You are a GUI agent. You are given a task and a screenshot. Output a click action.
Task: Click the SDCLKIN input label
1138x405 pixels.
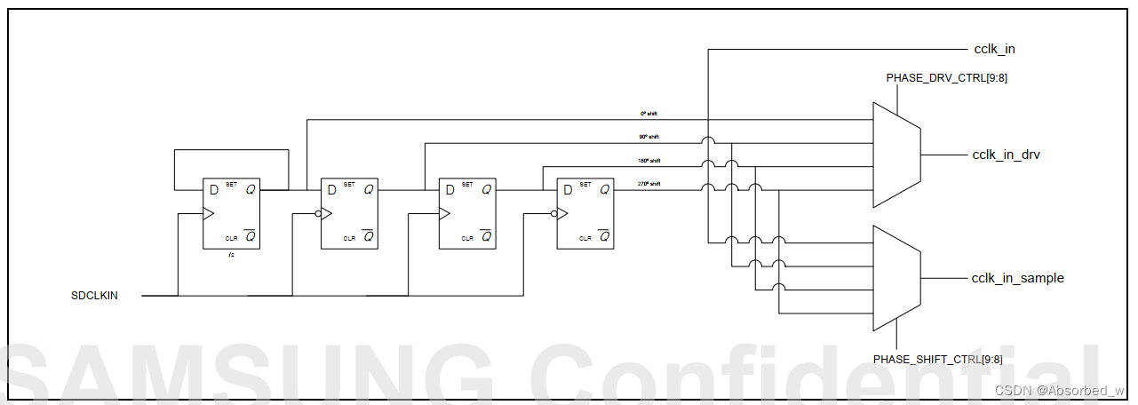pyautogui.click(x=94, y=295)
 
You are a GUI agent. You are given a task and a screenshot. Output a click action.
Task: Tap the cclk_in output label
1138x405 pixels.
pyautogui.click(x=994, y=49)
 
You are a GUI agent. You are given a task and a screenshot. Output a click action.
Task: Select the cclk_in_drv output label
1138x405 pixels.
pyautogui.click(x=1006, y=155)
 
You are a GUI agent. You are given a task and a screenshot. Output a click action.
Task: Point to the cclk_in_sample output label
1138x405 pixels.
pyautogui.click(x=1017, y=278)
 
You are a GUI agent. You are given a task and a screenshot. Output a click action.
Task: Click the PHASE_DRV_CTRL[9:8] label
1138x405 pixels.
pyautogui.click(x=946, y=78)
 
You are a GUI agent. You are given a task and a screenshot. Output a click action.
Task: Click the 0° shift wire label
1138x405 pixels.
pyautogui.click(x=649, y=114)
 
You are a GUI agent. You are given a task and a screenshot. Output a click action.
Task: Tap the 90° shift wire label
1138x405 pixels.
pyautogui.click(x=649, y=137)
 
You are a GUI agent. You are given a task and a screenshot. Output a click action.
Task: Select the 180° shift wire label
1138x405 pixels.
pyautogui.click(x=649, y=161)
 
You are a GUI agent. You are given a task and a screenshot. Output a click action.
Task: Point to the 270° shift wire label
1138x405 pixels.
pyautogui.click(x=649, y=184)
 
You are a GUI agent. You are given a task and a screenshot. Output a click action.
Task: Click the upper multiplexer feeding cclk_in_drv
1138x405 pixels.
pyautogui.click(x=896, y=155)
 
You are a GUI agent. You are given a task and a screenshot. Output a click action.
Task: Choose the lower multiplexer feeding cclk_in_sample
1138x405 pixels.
pyautogui.click(x=896, y=278)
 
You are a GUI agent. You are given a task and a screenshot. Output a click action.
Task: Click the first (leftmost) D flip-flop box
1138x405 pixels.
pyautogui.click(x=231, y=213)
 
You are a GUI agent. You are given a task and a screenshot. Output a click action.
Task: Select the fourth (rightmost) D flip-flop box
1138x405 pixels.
pyautogui.click(x=585, y=213)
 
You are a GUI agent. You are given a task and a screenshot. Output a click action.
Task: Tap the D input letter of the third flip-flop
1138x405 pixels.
pyautogui.click(x=450, y=189)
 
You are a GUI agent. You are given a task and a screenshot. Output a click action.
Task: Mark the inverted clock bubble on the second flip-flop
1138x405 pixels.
pyautogui.click(x=317, y=214)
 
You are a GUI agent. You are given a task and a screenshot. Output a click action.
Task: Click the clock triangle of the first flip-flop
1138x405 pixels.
pyautogui.click(x=209, y=214)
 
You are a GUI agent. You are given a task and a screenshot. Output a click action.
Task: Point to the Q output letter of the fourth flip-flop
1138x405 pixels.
pyautogui.click(x=604, y=189)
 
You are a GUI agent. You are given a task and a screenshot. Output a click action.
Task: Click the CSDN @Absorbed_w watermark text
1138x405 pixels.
pyautogui.click(x=1059, y=390)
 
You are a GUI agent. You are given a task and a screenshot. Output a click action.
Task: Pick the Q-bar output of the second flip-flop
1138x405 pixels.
pyautogui.click(x=369, y=236)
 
